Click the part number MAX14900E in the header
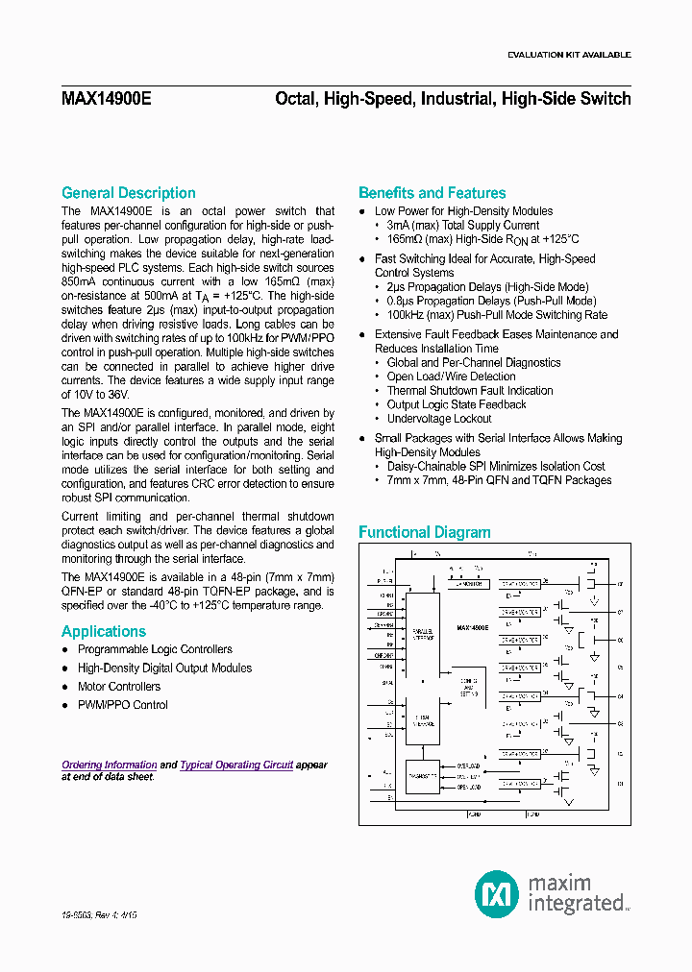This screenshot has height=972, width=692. point(106,99)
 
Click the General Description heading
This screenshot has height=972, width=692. point(128,193)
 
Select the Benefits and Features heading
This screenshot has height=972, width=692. point(432,193)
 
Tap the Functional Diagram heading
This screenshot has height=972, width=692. point(424,532)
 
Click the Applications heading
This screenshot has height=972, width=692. point(104,631)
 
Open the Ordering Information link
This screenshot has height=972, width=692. point(110,765)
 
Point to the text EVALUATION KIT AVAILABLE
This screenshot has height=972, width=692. point(569,55)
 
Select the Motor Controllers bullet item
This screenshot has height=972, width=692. point(119,687)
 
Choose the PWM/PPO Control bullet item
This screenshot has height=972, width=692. point(122,705)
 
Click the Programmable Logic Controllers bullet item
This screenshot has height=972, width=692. point(155,650)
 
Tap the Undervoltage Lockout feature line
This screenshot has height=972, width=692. point(439,419)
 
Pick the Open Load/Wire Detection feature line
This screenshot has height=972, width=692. point(451,377)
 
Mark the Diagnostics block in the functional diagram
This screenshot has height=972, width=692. point(422,775)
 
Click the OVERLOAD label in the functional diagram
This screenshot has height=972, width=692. point(468,766)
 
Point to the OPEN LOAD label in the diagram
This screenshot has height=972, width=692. point(468,786)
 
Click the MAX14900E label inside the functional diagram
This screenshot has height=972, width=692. point(472,627)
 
